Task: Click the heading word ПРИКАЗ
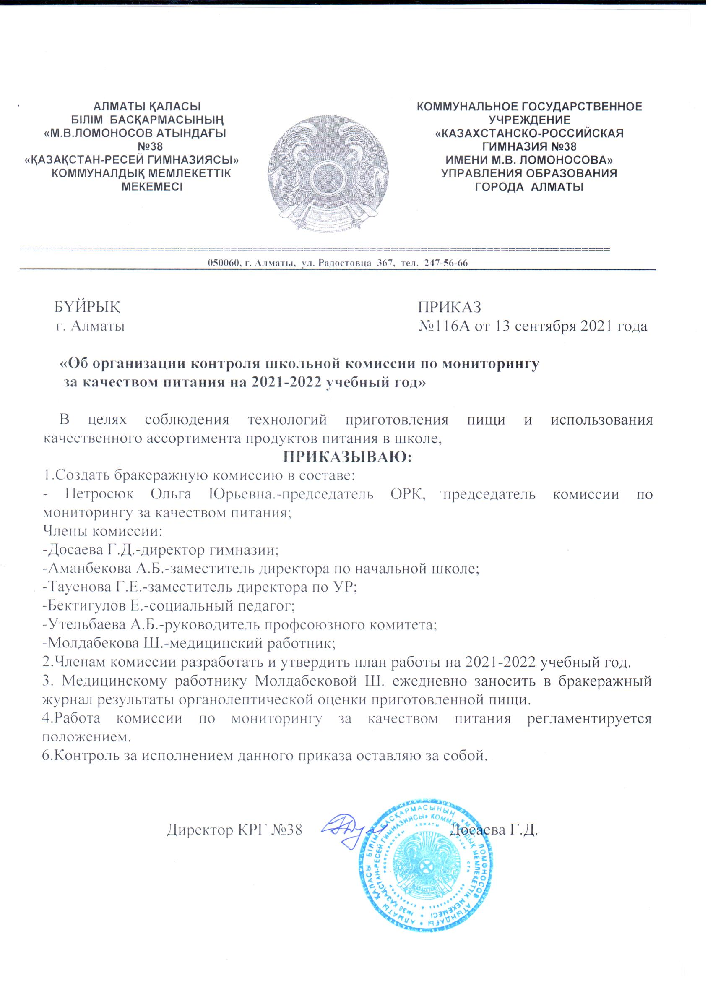(449, 307)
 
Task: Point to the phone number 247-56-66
(447, 264)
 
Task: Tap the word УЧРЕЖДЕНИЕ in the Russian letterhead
(529, 120)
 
